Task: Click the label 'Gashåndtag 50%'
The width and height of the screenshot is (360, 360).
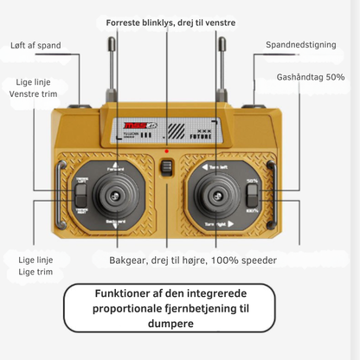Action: (311, 77)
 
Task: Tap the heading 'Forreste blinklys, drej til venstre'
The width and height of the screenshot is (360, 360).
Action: (170, 21)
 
